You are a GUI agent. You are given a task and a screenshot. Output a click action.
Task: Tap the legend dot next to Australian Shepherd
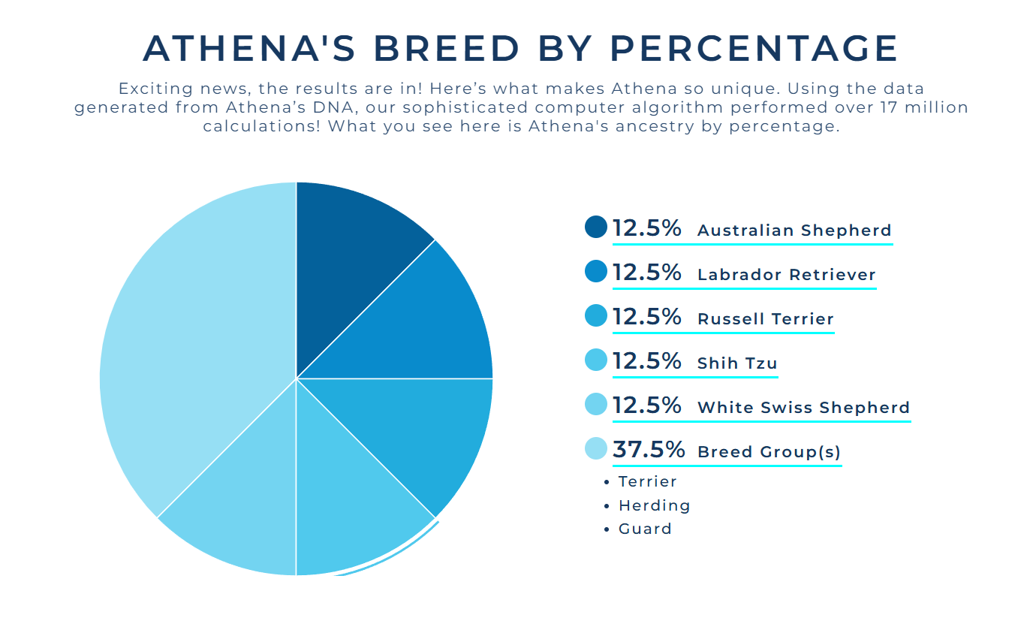click(595, 227)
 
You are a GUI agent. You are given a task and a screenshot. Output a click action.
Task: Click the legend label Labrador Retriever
click(786, 275)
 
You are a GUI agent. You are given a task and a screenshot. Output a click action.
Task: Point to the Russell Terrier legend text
click(765, 319)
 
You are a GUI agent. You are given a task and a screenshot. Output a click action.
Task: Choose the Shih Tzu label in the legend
click(736, 363)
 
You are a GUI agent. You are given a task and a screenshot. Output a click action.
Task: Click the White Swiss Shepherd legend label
click(803, 408)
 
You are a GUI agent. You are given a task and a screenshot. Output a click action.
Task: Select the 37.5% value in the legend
click(649, 450)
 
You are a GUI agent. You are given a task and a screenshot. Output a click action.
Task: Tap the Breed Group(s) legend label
click(769, 452)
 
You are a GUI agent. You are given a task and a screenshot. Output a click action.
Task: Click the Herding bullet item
click(654, 505)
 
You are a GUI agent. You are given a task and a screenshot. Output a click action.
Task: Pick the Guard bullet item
click(645, 529)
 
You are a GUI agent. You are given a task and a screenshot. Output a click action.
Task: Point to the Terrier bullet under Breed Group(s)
click(647, 481)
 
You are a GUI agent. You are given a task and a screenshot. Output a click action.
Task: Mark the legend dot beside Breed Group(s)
click(595, 449)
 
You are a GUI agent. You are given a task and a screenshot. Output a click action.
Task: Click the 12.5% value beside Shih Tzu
click(646, 361)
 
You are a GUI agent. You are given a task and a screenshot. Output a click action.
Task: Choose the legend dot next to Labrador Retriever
click(595, 271)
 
